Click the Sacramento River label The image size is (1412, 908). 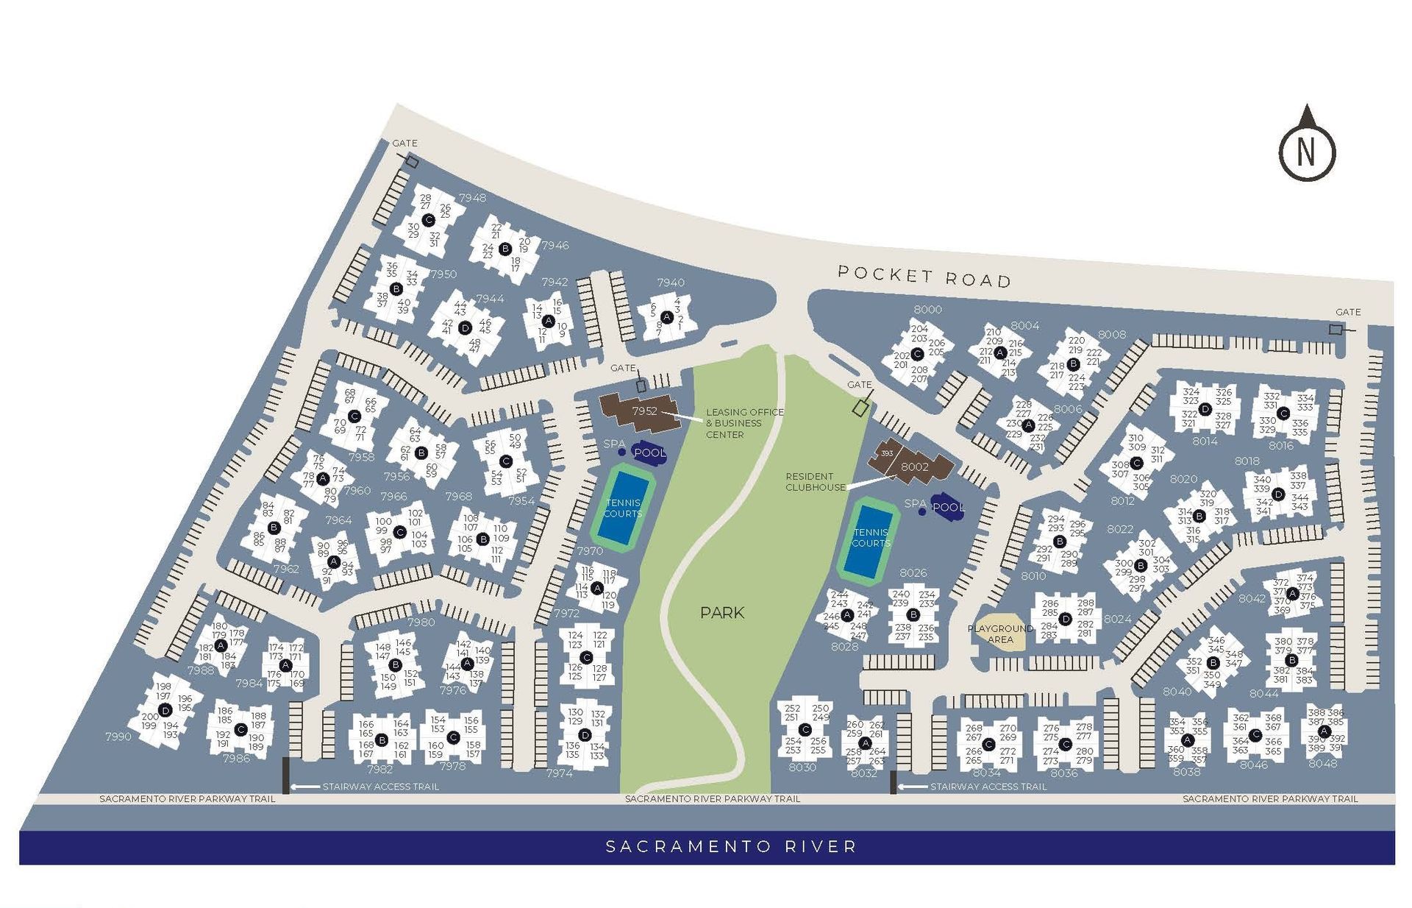click(731, 846)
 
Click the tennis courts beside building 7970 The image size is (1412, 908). click(622, 508)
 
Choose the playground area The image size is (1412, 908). click(1000, 632)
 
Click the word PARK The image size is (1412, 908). click(721, 612)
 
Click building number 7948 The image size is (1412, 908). click(472, 197)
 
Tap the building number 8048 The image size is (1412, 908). click(1322, 763)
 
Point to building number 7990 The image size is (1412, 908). click(118, 736)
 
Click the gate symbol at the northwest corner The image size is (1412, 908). click(413, 161)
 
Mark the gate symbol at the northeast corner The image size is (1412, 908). click(1336, 330)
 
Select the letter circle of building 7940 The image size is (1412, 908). click(666, 317)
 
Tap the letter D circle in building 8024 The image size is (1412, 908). click(1065, 619)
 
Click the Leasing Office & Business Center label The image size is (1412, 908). click(744, 423)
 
